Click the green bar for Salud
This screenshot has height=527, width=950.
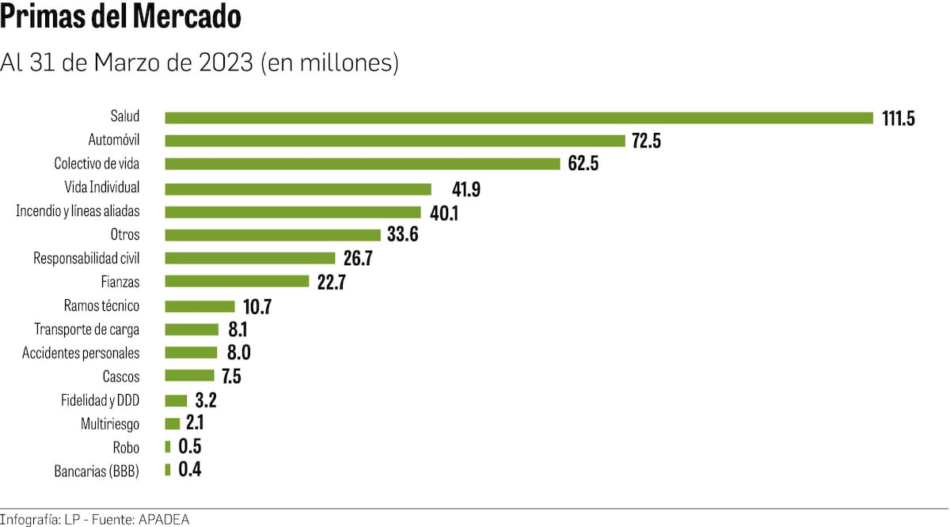pos(519,118)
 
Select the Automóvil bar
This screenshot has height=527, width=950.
pos(395,141)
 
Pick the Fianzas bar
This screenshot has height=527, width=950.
pos(237,281)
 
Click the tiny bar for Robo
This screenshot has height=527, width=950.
pos(168,446)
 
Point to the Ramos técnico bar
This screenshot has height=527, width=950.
pos(199,305)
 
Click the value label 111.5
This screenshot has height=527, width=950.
pos(899,119)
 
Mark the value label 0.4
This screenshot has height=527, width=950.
pos(190,470)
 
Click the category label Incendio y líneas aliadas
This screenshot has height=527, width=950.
pos(78,211)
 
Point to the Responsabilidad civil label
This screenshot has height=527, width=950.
pos(86,258)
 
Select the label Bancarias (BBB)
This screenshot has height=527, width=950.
pos(97,471)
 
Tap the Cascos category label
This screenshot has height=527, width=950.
pos(121,376)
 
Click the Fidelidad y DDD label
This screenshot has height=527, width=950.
pos(100,400)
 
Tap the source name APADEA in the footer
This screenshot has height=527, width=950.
pos(164,519)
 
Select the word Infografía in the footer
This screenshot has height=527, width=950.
pos(28,519)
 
